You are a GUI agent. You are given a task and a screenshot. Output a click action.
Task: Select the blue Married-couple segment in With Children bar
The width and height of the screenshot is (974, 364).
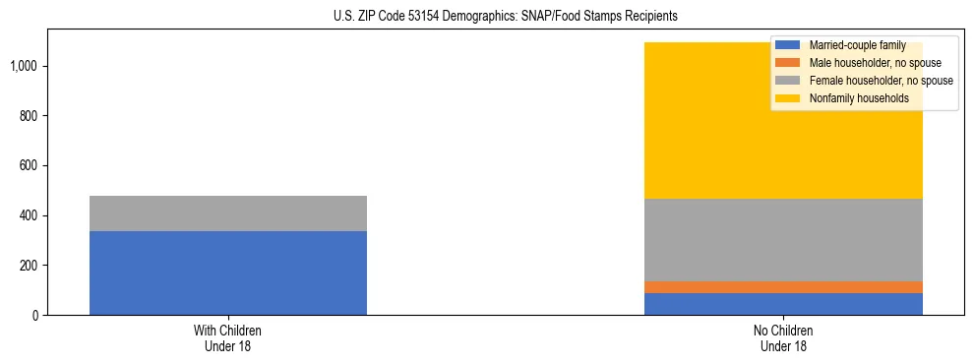click(228, 273)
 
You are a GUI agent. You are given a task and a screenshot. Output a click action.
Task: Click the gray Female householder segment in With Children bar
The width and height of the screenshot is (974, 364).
click(228, 213)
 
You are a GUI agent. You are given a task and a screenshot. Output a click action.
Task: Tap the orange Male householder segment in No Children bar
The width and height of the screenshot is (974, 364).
click(783, 287)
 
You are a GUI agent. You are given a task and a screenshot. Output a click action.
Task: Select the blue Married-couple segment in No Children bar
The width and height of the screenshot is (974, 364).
click(783, 304)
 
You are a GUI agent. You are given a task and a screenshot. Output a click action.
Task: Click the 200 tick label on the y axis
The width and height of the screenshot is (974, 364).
click(30, 266)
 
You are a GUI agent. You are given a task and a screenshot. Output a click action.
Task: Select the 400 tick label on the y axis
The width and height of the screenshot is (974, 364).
click(30, 215)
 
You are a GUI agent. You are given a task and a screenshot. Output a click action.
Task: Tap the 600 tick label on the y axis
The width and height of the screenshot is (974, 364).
click(30, 165)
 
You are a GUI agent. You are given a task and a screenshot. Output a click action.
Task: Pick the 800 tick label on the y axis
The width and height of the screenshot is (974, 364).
click(30, 116)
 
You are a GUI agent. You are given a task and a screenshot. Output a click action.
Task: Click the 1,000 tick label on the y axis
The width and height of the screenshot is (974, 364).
click(25, 66)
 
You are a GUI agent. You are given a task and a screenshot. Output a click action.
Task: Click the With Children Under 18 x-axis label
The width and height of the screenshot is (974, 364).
click(228, 338)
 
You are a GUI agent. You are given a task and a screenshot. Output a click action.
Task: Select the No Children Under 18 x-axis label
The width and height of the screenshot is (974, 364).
click(783, 338)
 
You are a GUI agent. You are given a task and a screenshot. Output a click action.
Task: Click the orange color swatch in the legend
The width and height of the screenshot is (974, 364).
click(788, 63)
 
